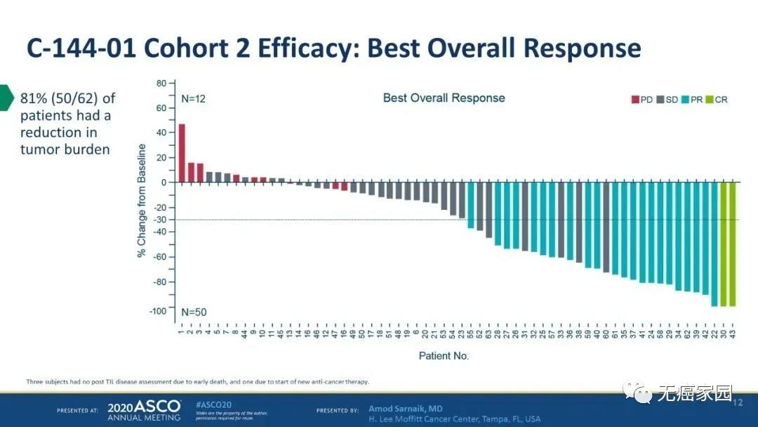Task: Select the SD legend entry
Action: (667, 100)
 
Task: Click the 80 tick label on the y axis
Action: (161, 84)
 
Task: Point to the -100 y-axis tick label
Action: (158, 311)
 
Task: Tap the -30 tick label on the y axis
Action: (160, 220)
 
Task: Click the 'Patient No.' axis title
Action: (444, 356)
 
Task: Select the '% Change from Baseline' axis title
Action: (142, 200)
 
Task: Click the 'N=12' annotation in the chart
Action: (194, 99)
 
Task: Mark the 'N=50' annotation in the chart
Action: (194, 311)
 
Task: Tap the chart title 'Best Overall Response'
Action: (444, 98)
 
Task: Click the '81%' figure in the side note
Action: (33, 98)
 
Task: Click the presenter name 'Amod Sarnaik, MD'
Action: (406, 409)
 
